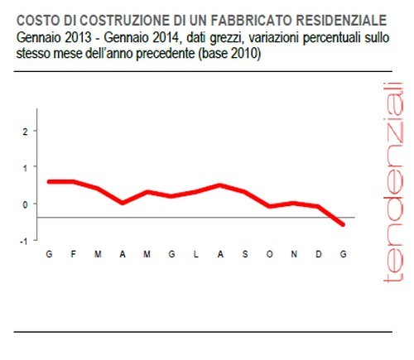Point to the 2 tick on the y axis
pyautogui.click(x=26, y=131)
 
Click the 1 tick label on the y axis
pyautogui.click(x=26, y=167)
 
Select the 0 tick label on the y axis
pyautogui.click(x=26, y=204)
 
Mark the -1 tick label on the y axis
pyautogui.click(x=25, y=240)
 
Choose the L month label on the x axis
pyautogui.click(x=196, y=254)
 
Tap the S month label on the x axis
pyautogui.click(x=244, y=254)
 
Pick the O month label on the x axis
pyautogui.click(x=269, y=254)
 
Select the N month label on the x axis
pyautogui.click(x=294, y=254)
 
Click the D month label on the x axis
pyautogui.click(x=319, y=254)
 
